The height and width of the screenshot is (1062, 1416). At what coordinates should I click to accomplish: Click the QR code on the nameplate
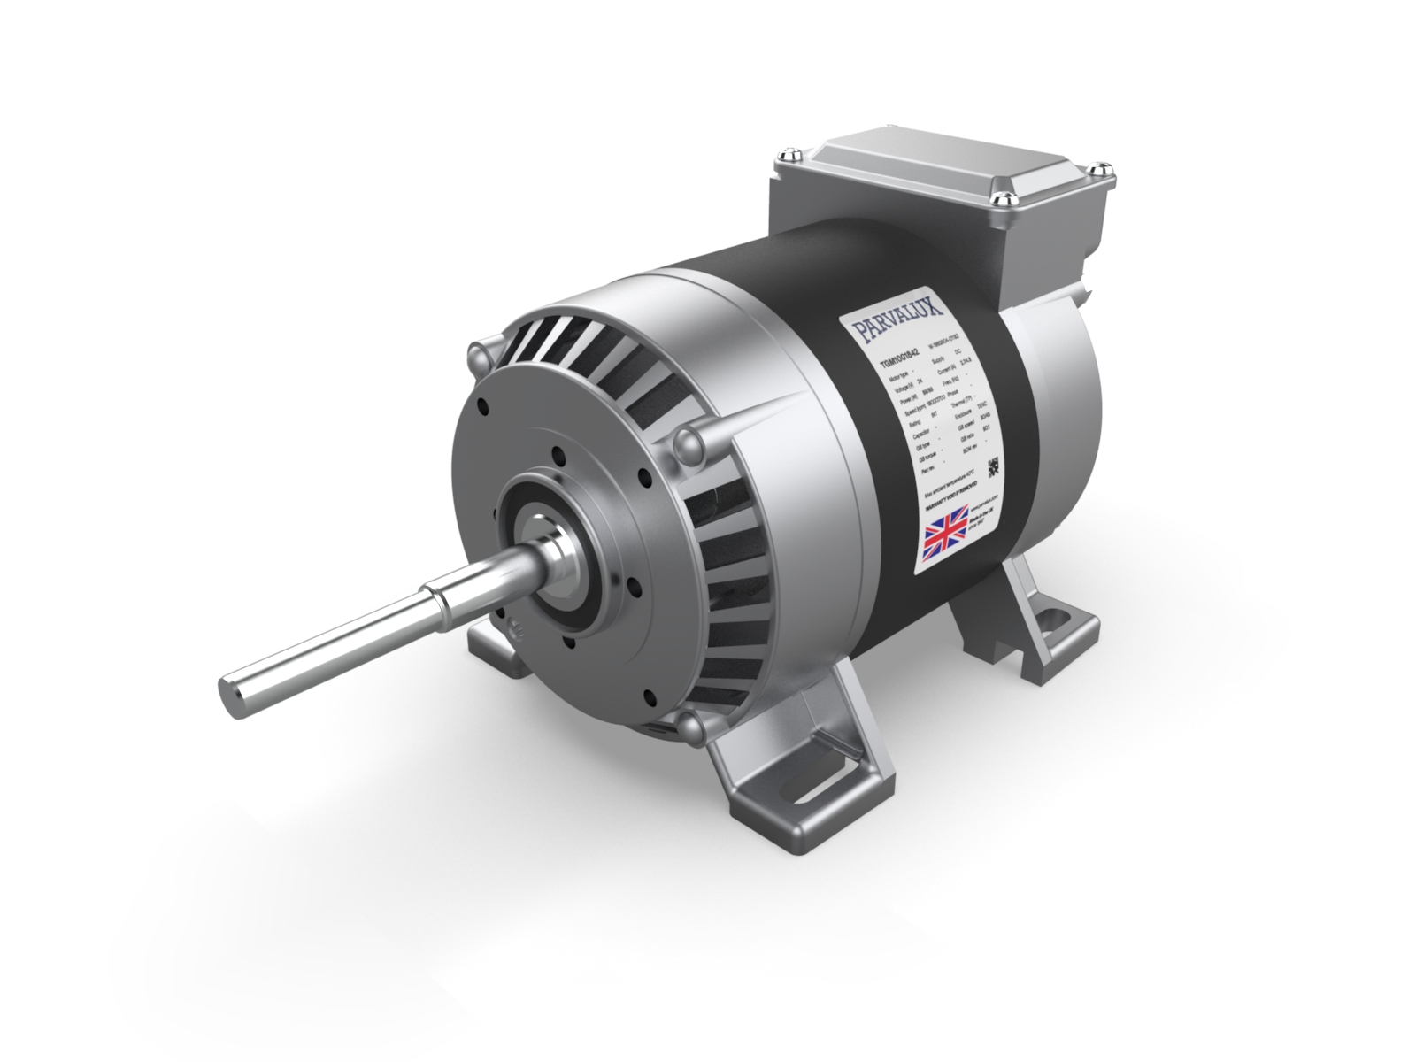coord(993,466)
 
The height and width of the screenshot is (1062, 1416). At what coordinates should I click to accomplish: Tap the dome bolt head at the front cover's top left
coord(480,357)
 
